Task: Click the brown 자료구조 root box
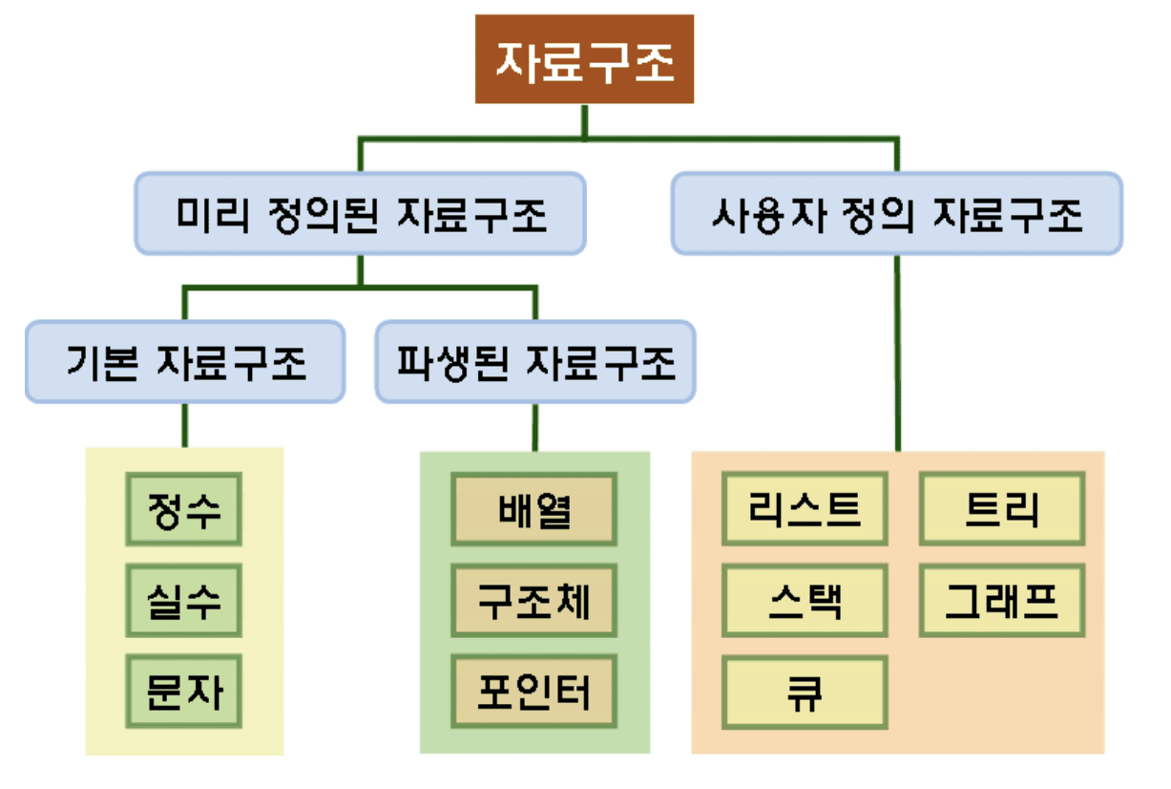point(584,59)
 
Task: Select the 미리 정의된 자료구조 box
point(359,213)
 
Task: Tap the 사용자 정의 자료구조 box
point(896,213)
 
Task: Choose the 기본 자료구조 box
point(185,362)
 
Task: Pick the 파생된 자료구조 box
point(534,362)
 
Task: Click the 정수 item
point(184,511)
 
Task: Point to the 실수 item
point(184,602)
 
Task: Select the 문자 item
point(184,691)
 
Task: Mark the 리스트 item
point(805,508)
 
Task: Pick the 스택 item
point(805,601)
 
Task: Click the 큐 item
point(805,693)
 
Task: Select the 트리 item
point(1002,508)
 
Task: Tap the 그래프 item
point(1002,601)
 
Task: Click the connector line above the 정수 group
point(185,426)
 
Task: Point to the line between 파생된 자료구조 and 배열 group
point(534,427)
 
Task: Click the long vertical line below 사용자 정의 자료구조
point(897,353)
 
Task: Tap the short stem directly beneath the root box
point(584,120)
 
